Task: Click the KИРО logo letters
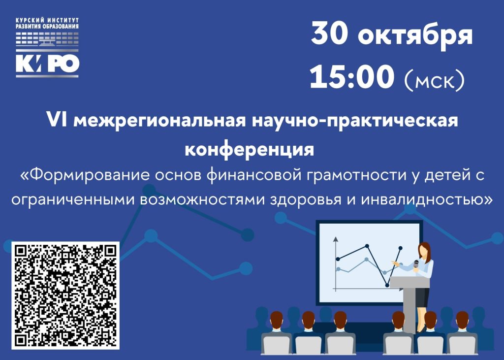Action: [x=47, y=64]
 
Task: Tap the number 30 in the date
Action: [x=329, y=33]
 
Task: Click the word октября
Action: [x=415, y=36]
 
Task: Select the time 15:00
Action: [x=352, y=76]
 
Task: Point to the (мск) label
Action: [x=434, y=80]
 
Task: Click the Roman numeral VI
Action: [x=57, y=120]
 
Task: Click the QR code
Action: [x=65, y=295]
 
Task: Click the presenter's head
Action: [x=424, y=250]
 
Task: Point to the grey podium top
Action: [x=409, y=282]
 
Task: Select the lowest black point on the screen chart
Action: [x=387, y=285]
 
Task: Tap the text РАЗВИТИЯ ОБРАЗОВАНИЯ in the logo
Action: [x=47, y=27]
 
